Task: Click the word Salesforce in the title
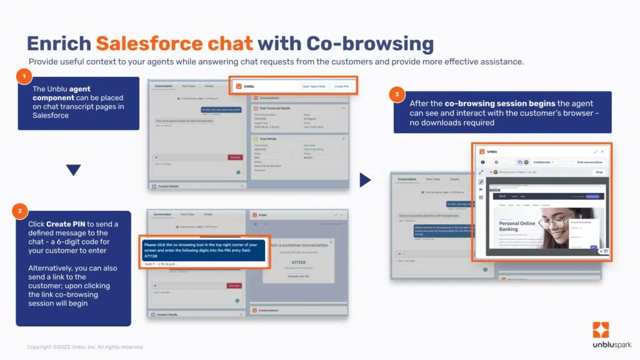pyautogui.click(x=174, y=44)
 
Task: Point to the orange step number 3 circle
pyautogui.click(x=396, y=94)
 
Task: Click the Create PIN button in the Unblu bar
pyautogui.click(x=341, y=87)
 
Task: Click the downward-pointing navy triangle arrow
pyautogui.click(x=73, y=169)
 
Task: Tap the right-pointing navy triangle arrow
pyautogui.click(x=366, y=180)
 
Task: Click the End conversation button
pyautogui.click(x=589, y=162)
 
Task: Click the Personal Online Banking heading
pyautogui.click(x=517, y=226)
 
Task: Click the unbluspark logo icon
pyautogui.click(x=601, y=330)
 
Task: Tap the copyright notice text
pyautogui.click(x=84, y=347)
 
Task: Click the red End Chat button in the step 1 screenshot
pyautogui.click(x=234, y=157)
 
